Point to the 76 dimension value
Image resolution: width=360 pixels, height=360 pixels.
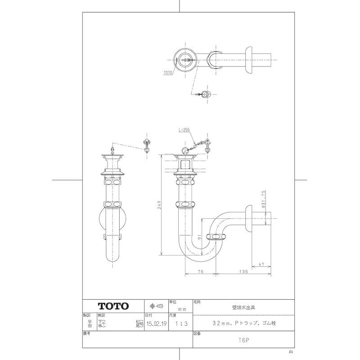pos(201,271)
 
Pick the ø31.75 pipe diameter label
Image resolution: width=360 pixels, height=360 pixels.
pos(264,198)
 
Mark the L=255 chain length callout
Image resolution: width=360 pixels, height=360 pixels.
pos(184,130)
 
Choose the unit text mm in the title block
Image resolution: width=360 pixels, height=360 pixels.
pos(182,310)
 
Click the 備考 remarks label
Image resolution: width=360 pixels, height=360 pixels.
pos(87,334)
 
